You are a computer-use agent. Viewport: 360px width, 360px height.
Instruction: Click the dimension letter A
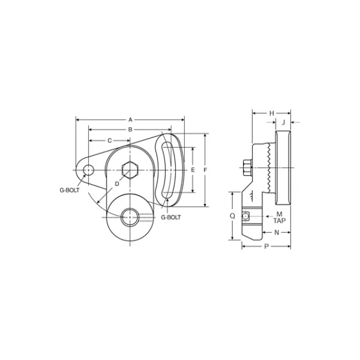[130, 119]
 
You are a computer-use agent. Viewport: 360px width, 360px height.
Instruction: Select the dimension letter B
[130, 129]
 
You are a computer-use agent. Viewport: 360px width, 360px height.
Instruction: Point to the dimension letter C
[110, 140]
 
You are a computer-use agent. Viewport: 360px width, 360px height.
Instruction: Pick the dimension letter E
[193, 170]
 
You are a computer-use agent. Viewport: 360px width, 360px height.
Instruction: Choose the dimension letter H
[271, 113]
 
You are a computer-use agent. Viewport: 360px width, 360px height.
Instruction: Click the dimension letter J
[283, 122]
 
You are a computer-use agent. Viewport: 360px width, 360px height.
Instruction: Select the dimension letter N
[277, 232]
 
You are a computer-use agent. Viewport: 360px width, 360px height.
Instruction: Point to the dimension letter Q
[232, 215]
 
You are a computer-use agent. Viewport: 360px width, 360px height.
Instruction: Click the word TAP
[280, 221]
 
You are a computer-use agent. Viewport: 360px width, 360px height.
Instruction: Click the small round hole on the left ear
[88, 170]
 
